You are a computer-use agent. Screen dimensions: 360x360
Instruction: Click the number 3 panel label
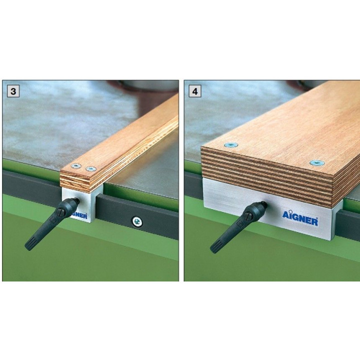[13, 91]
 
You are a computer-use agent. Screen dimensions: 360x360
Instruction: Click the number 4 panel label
[195, 91]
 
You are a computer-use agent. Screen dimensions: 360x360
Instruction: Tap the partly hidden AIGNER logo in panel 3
[79, 215]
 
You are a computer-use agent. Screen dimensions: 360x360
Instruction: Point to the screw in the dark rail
[137, 221]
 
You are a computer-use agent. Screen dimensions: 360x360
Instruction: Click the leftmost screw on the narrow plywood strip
[76, 166]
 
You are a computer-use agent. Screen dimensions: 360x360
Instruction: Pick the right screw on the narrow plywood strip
[91, 169]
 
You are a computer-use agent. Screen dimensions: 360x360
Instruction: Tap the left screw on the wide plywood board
[230, 145]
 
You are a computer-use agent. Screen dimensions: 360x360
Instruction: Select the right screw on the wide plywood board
[317, 163]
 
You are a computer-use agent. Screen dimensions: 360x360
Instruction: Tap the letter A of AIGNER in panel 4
[285, 215]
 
